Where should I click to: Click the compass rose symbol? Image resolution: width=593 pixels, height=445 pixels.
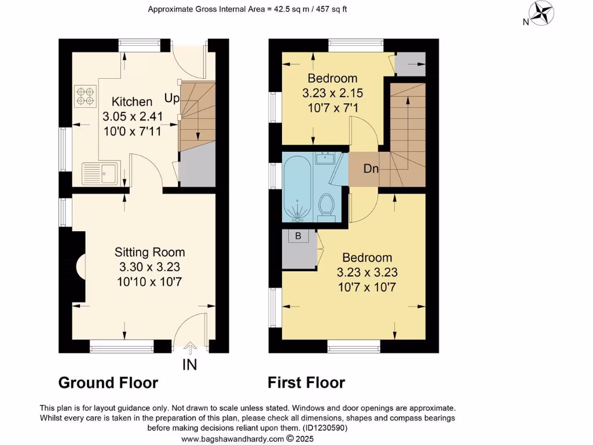[543, 13]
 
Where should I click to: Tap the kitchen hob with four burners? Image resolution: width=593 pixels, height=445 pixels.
[85, 96]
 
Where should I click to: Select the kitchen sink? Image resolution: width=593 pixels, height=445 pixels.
[100, 173]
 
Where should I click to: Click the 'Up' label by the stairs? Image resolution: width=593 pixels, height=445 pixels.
[171, 99]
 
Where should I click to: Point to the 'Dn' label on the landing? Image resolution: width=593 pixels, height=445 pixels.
[371, 169]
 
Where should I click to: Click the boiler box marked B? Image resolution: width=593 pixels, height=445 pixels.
[298, 236]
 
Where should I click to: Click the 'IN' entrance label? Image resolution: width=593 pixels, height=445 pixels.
[190, 364]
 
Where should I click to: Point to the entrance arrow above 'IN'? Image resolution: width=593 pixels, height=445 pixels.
[190, 347]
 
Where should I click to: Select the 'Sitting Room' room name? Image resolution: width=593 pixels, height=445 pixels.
[149, 252]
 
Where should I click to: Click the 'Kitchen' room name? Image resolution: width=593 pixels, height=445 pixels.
[132, 102]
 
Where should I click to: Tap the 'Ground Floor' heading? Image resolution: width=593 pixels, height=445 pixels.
[108, 383]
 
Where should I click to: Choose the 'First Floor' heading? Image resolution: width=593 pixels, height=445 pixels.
[306, 383]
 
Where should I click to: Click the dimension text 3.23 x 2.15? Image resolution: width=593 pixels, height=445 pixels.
[332, 93]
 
